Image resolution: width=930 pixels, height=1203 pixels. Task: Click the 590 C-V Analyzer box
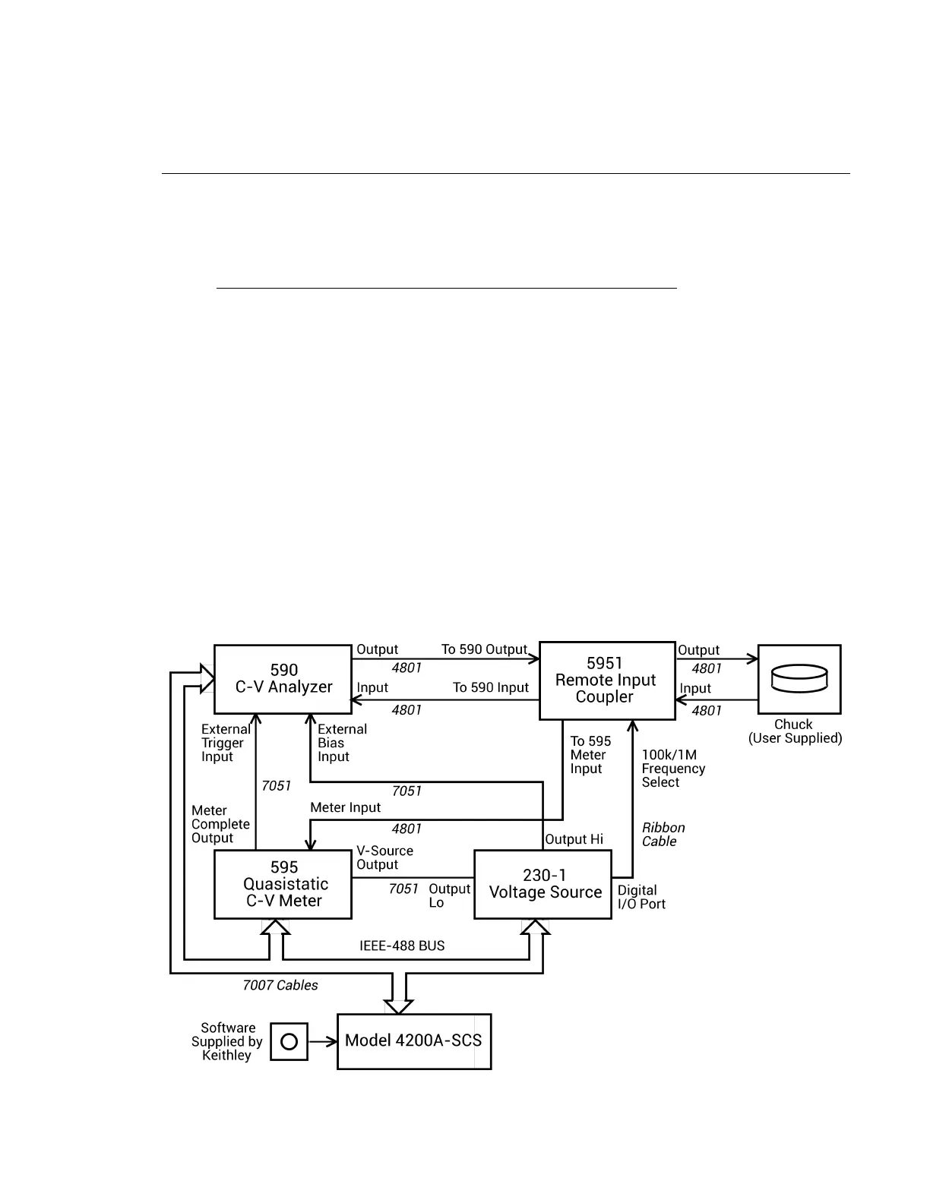coord(283,679)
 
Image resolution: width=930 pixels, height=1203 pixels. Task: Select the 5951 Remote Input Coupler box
coord(606,680)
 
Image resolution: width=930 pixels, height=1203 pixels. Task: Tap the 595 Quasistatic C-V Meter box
coord(283,885)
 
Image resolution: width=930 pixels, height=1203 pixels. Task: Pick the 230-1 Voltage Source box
coord(543,885)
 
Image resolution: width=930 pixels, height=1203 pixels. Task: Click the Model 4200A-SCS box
coord(414,1041)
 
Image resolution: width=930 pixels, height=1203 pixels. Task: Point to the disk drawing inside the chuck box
coord(799,678)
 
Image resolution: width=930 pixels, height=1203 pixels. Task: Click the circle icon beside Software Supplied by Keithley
coord(289,1041)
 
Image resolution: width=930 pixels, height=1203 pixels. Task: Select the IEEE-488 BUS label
coord(402,946)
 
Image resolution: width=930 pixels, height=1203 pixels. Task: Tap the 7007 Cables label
coord(280,986)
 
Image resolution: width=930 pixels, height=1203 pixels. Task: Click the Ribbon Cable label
coord(663,835)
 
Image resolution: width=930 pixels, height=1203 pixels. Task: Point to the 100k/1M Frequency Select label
coord(673,769)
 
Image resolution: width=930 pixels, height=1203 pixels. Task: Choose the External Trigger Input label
coord(225,743)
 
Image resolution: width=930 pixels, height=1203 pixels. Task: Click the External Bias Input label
coord(342,743)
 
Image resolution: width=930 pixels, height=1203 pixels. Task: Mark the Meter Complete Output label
coord(220,825)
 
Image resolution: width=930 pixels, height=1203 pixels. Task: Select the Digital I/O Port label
coord(641,897)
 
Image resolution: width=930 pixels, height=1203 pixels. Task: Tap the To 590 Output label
coord(484,650)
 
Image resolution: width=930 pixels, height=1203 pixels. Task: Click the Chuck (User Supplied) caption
coord(795,731)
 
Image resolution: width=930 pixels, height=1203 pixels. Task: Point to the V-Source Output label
coord(384,858)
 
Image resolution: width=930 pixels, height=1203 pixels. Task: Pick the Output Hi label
coord(574,839)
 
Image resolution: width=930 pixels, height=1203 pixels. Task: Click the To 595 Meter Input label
coord(590,755)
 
